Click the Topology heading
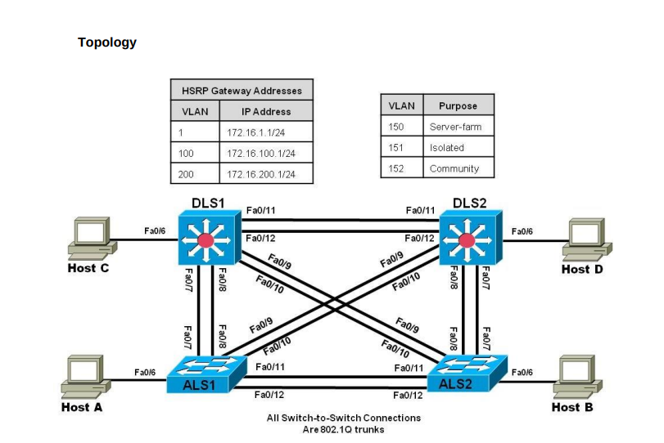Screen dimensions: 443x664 [106, 43]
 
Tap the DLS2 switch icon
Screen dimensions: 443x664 [467, 239]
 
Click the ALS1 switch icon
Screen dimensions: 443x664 [205, 375]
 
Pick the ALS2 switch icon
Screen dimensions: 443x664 [467, 374]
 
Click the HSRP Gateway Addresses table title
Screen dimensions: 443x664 [242, 90]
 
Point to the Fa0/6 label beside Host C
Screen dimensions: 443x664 [156, 231]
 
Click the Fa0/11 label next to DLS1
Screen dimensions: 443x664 [260, 211]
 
